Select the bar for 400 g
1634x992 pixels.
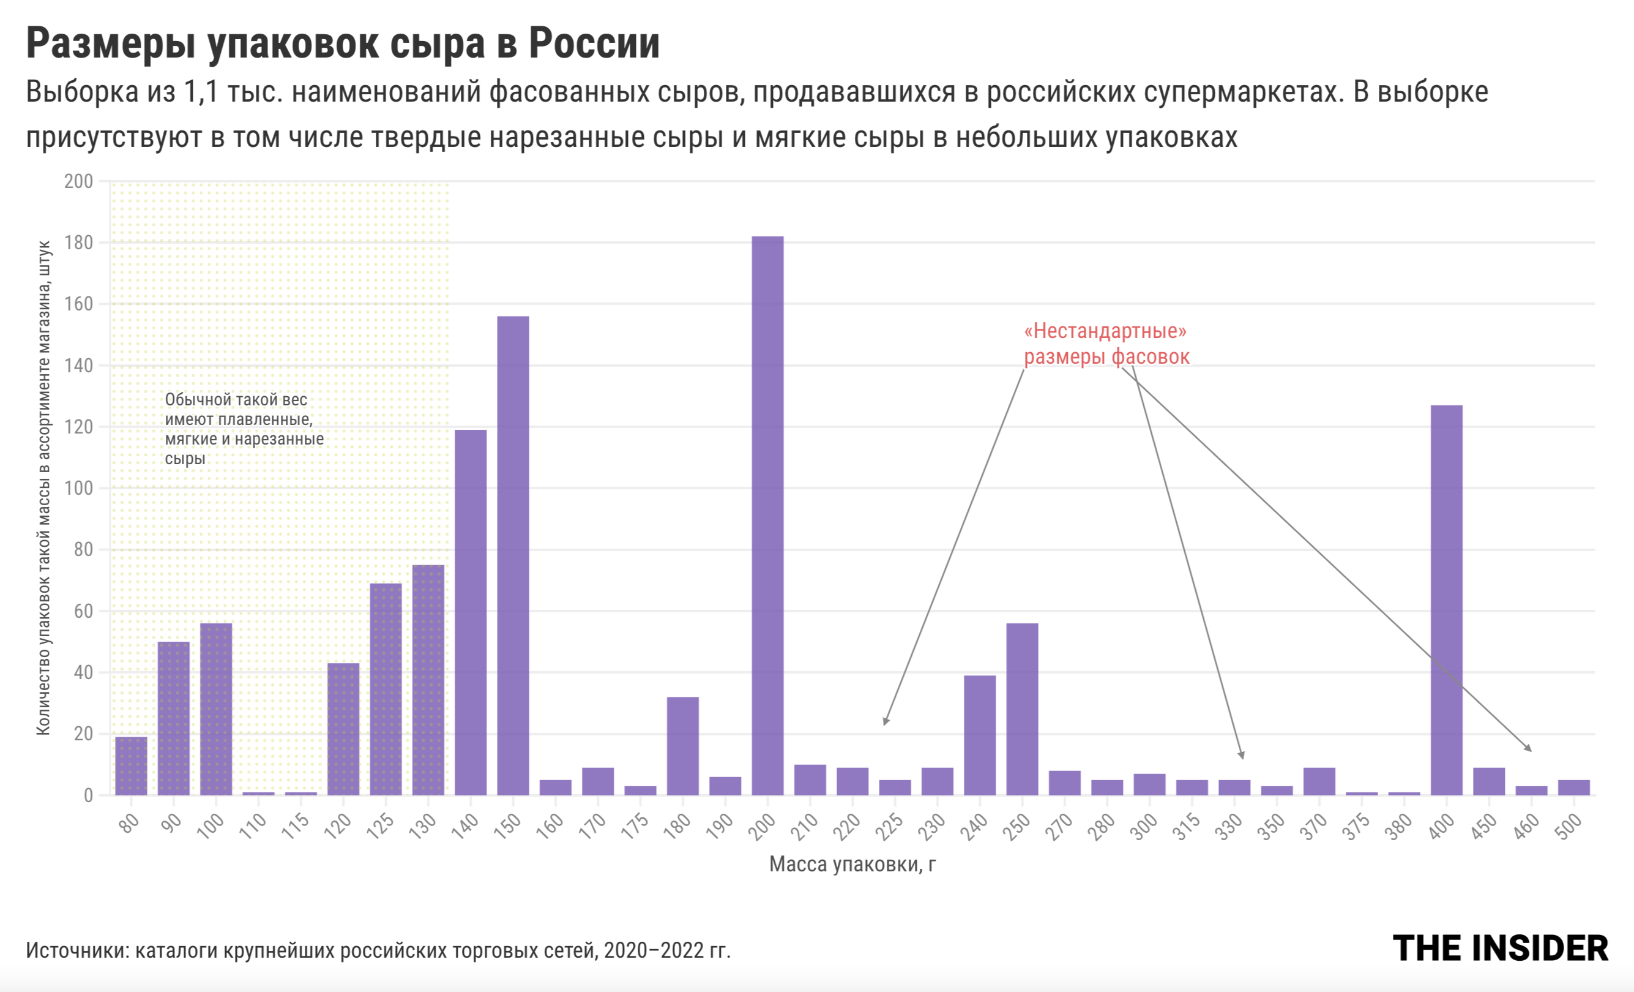click(x=1446, y=600)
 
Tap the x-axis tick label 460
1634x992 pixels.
click(x=1526, y=827)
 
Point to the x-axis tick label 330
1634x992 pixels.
click(x=1229, y=827)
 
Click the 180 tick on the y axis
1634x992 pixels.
click(x=78, y=243)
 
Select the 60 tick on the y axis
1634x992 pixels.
click(x=83, y=611)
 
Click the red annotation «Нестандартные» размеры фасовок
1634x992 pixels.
click(x=1106, y=344)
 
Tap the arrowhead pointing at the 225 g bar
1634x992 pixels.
click(x=886, y=721)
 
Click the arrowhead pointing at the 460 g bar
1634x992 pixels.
click(x=1528, y=748)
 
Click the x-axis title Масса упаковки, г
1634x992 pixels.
click(x=852, y=864)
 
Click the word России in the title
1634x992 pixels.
click(x=594, y=44)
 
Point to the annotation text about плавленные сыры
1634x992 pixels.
click(x=244, y=429)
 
